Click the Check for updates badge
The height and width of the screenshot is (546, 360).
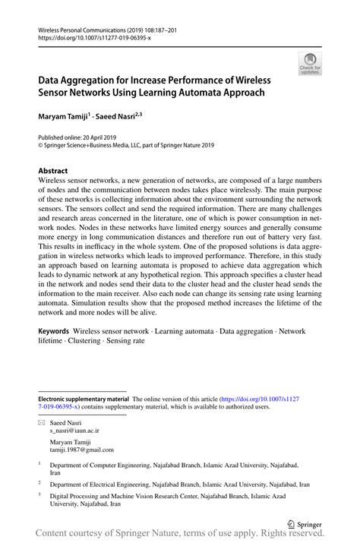pos(310,65)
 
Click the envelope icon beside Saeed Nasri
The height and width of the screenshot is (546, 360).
pos(42,421)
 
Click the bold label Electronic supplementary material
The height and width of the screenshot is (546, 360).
pos(84,399)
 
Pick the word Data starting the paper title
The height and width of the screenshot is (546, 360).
pos(52,79)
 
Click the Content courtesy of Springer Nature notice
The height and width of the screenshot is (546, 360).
pos(180,536)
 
